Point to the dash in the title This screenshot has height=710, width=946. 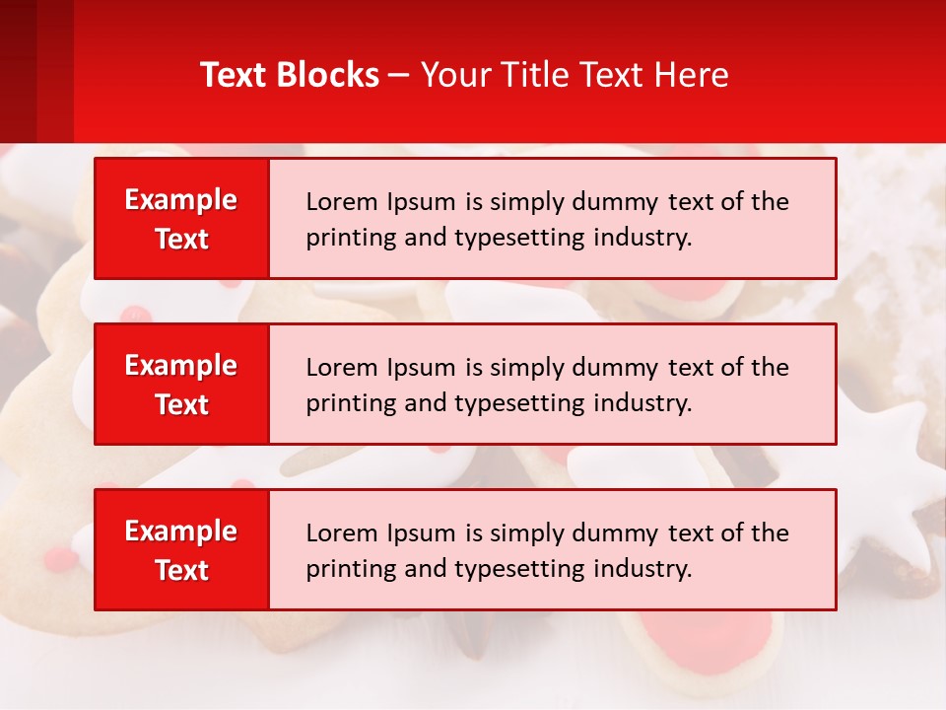(x=399, y=76)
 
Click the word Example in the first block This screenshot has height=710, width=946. (x=181, y=200)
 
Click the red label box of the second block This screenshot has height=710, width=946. (x=181, y=385)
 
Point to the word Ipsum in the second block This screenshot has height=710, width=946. (x=422, y=368)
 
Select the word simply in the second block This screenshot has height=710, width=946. (x=525, y=368)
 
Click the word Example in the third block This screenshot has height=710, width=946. (x=181, y=532)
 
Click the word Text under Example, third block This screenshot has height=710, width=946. (x=182, y=570)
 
